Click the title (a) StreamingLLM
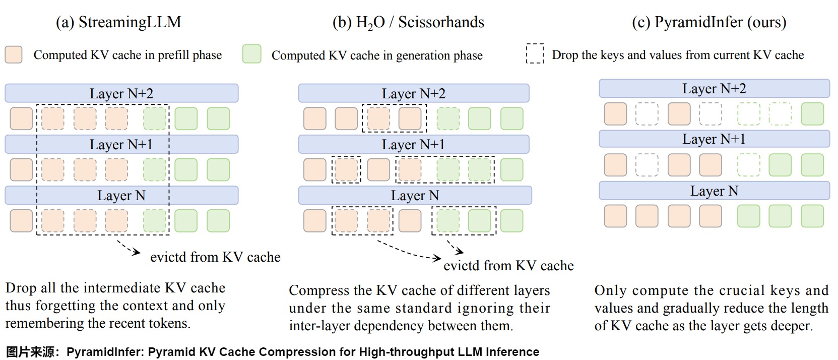[118, 22]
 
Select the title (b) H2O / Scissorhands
[408, 22]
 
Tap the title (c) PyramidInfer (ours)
[708, 22]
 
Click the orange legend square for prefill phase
[14, 54]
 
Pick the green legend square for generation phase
[251, 54]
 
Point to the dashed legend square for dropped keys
[535, 54]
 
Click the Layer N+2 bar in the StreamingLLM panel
[121, 93]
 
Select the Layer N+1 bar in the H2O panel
[413, 144]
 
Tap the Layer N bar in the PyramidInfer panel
[714, 191]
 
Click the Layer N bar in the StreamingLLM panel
[121, 195]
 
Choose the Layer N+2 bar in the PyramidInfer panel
[714, 88]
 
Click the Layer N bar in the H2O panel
[415, 195]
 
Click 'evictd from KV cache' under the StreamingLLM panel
[215, 257]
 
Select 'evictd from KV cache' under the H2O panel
[508, 266]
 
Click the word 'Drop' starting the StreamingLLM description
[21, 288]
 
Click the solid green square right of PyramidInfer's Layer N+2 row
[812, 114]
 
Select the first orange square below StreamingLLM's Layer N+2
[21, 118]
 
